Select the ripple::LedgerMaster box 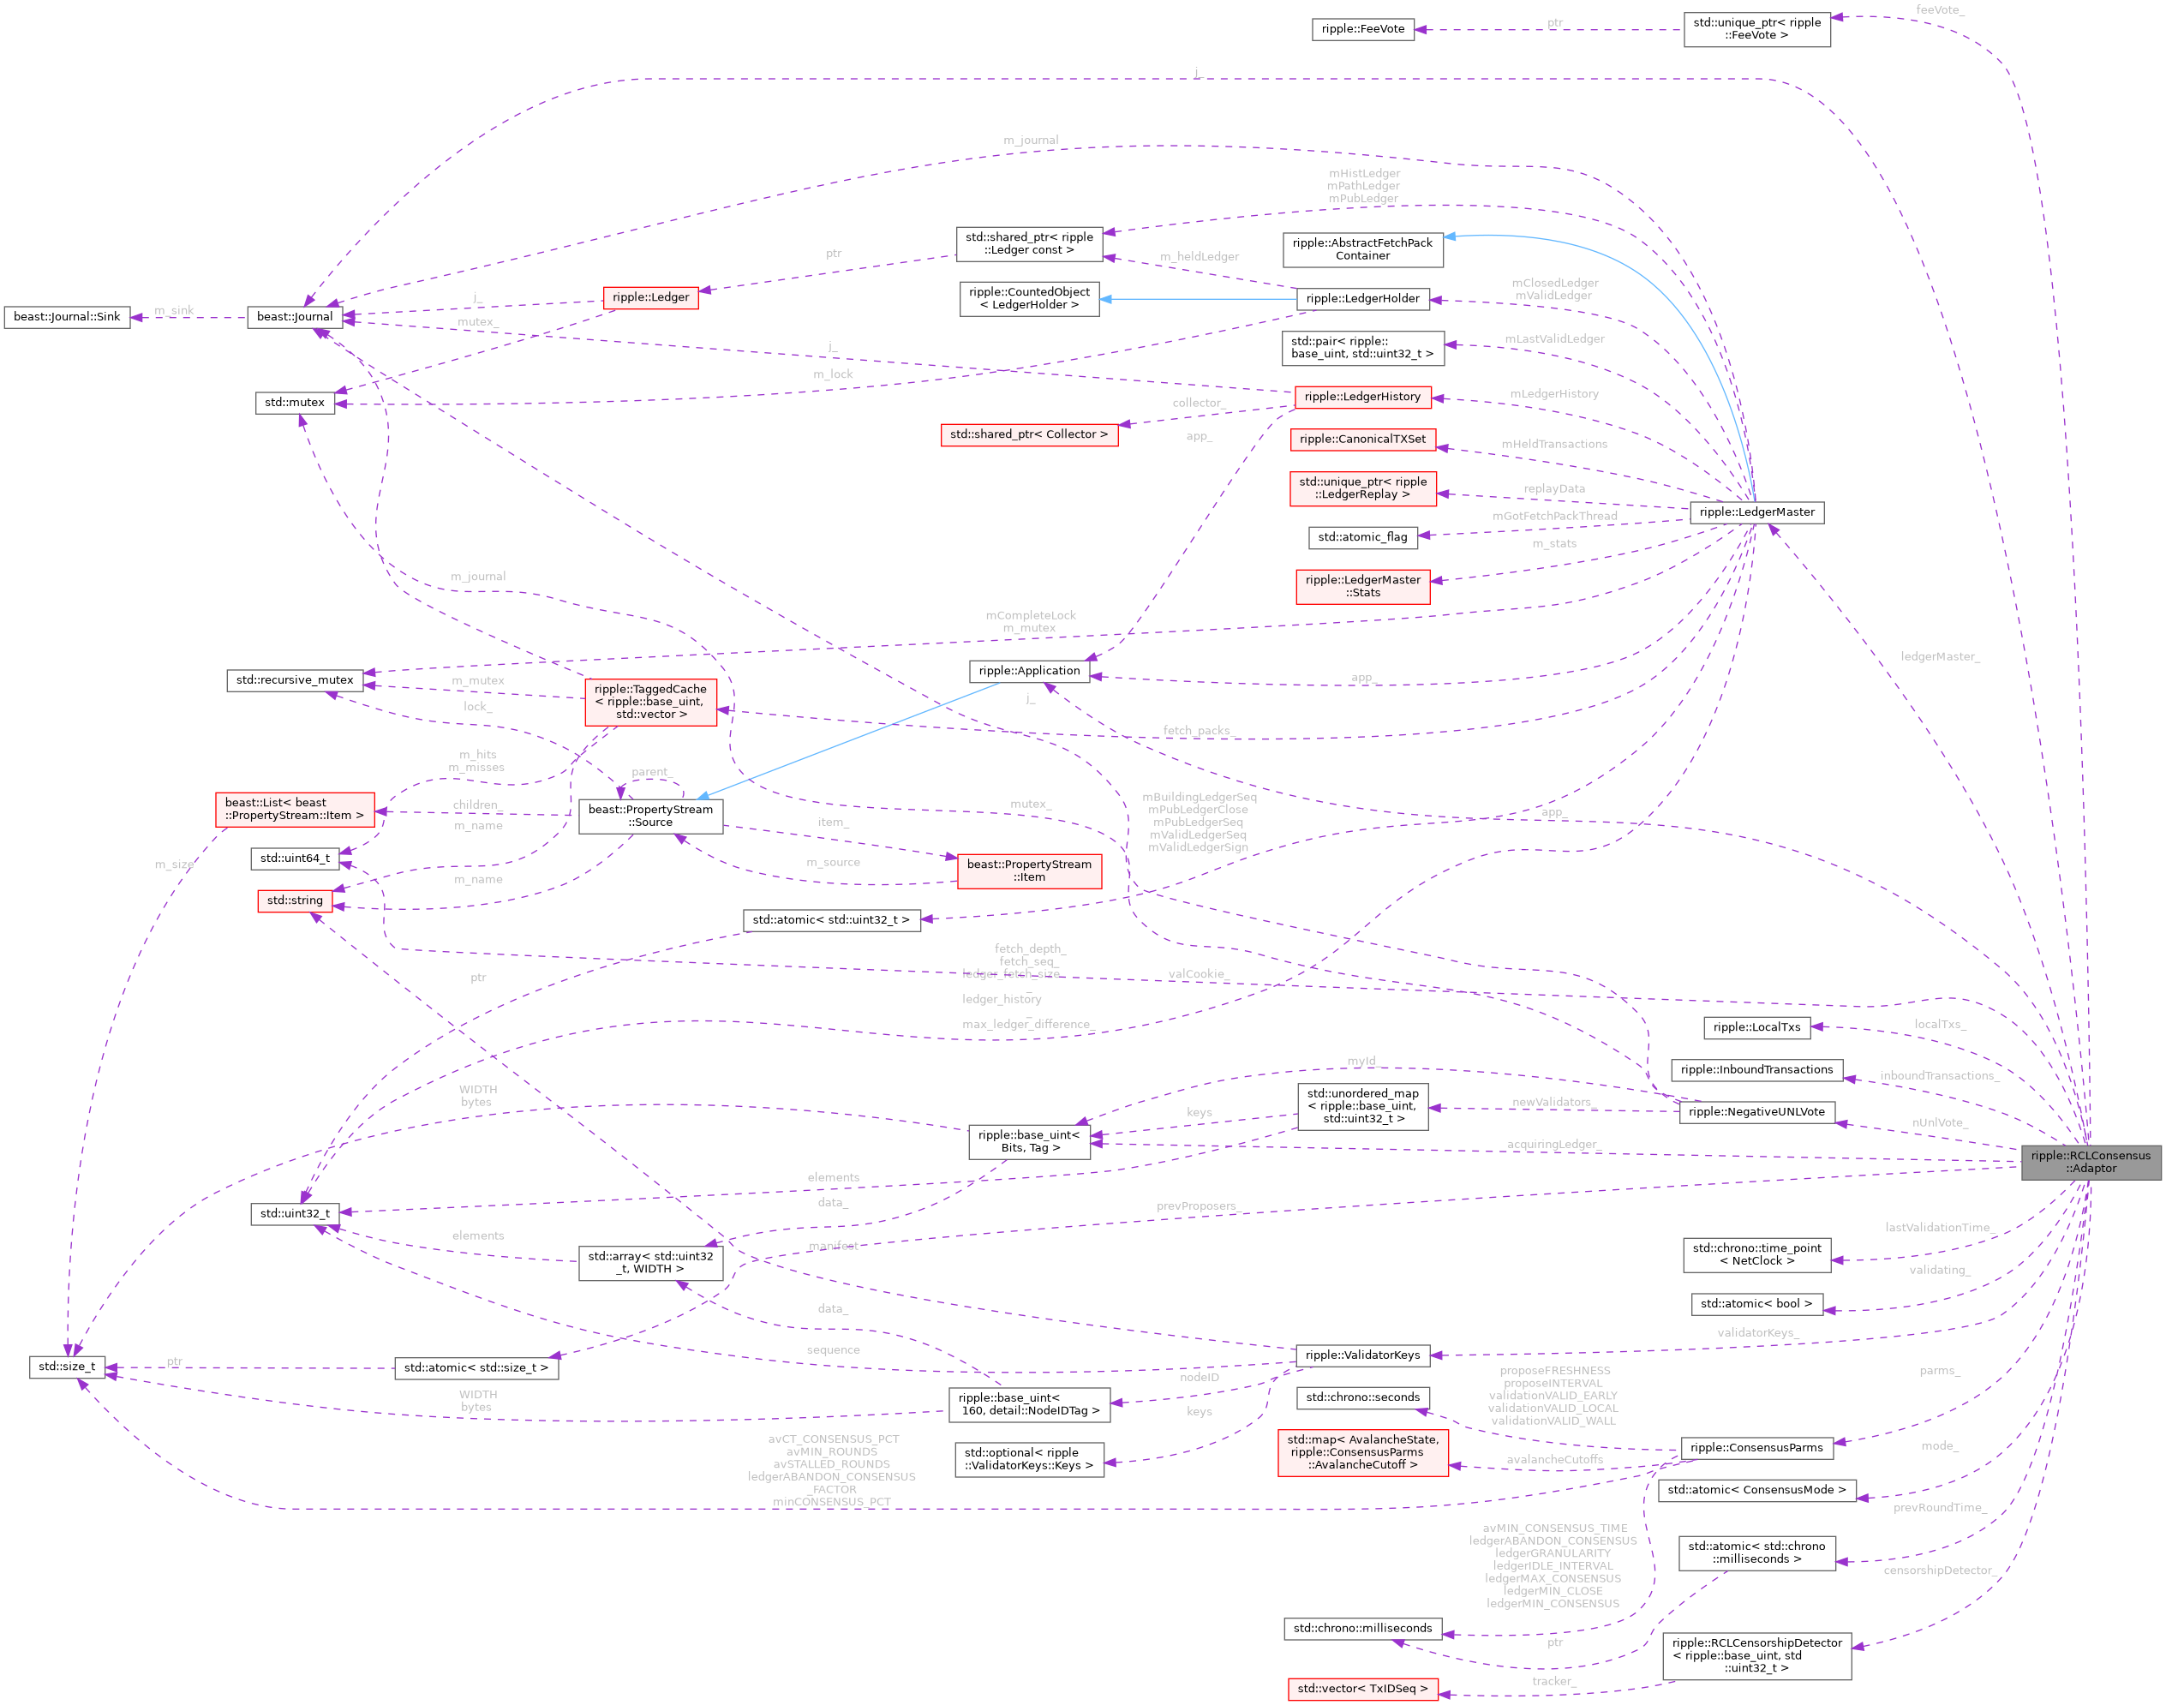click(1756, 512)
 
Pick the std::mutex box click(295, 403)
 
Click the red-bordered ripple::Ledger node click(649, 297)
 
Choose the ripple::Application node click(1029, 671)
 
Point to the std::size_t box click(67, 1367)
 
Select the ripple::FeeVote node click(1362, 29)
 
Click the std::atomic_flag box click(1362, 537)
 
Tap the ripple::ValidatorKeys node click(1362, 1355)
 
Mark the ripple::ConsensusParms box click(1756, 1447)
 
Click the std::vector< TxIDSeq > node click(1362, 1689)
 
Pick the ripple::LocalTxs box click(1756, 1027)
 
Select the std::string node click(295, 900)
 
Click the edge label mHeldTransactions click(1554, 444)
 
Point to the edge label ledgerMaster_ click(1940, 657)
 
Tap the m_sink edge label click(175, 310)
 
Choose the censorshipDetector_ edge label click(1938, 1570)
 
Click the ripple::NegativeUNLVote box click(1756, 1112)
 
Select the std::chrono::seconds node click(1362, 1397)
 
